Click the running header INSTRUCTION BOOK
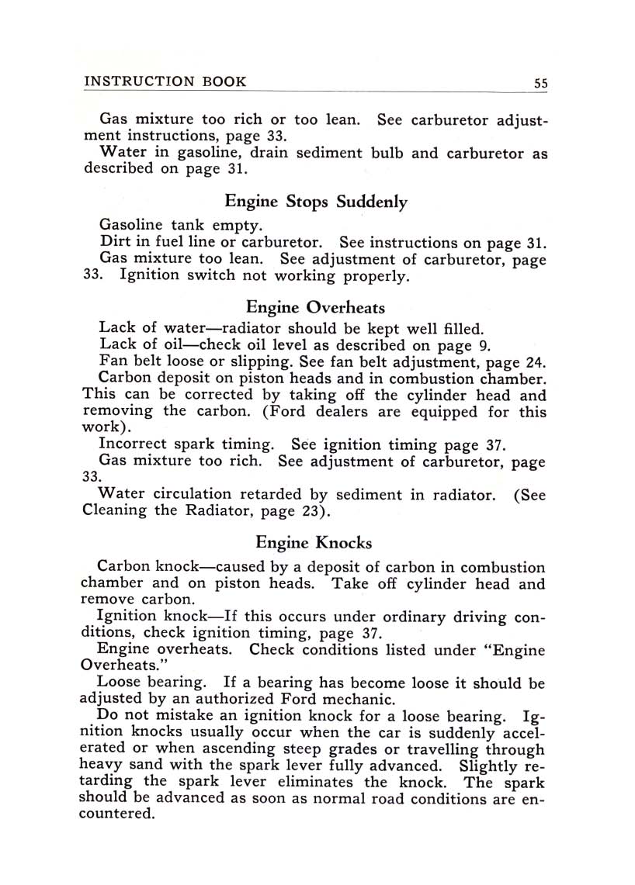tap(165, 81)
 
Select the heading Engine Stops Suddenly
tap(316, 202)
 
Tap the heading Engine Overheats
tap(315, 307)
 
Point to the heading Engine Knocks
tap(314, 543)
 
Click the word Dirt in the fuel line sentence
tap(115, 242)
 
